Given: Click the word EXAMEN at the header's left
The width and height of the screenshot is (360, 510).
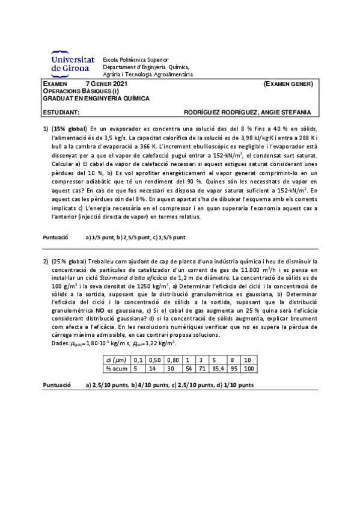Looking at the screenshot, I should pos(55,84).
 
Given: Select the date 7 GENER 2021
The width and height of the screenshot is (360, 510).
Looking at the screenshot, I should pos(107,84).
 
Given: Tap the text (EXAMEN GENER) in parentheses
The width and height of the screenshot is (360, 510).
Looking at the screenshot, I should pos(289,84).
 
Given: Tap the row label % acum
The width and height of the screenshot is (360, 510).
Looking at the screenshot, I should pos(117,368).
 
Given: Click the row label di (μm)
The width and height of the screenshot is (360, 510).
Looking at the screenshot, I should pos(117,360).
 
